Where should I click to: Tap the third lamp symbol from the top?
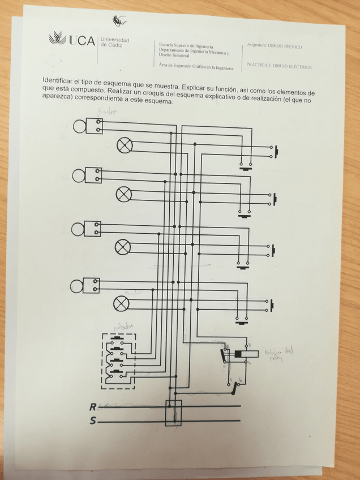123,247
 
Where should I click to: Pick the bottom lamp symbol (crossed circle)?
121,304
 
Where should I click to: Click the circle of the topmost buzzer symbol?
78,126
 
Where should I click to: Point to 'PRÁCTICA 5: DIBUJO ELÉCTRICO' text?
278,66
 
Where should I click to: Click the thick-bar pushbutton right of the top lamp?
277,152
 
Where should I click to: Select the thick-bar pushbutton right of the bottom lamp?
274,306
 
